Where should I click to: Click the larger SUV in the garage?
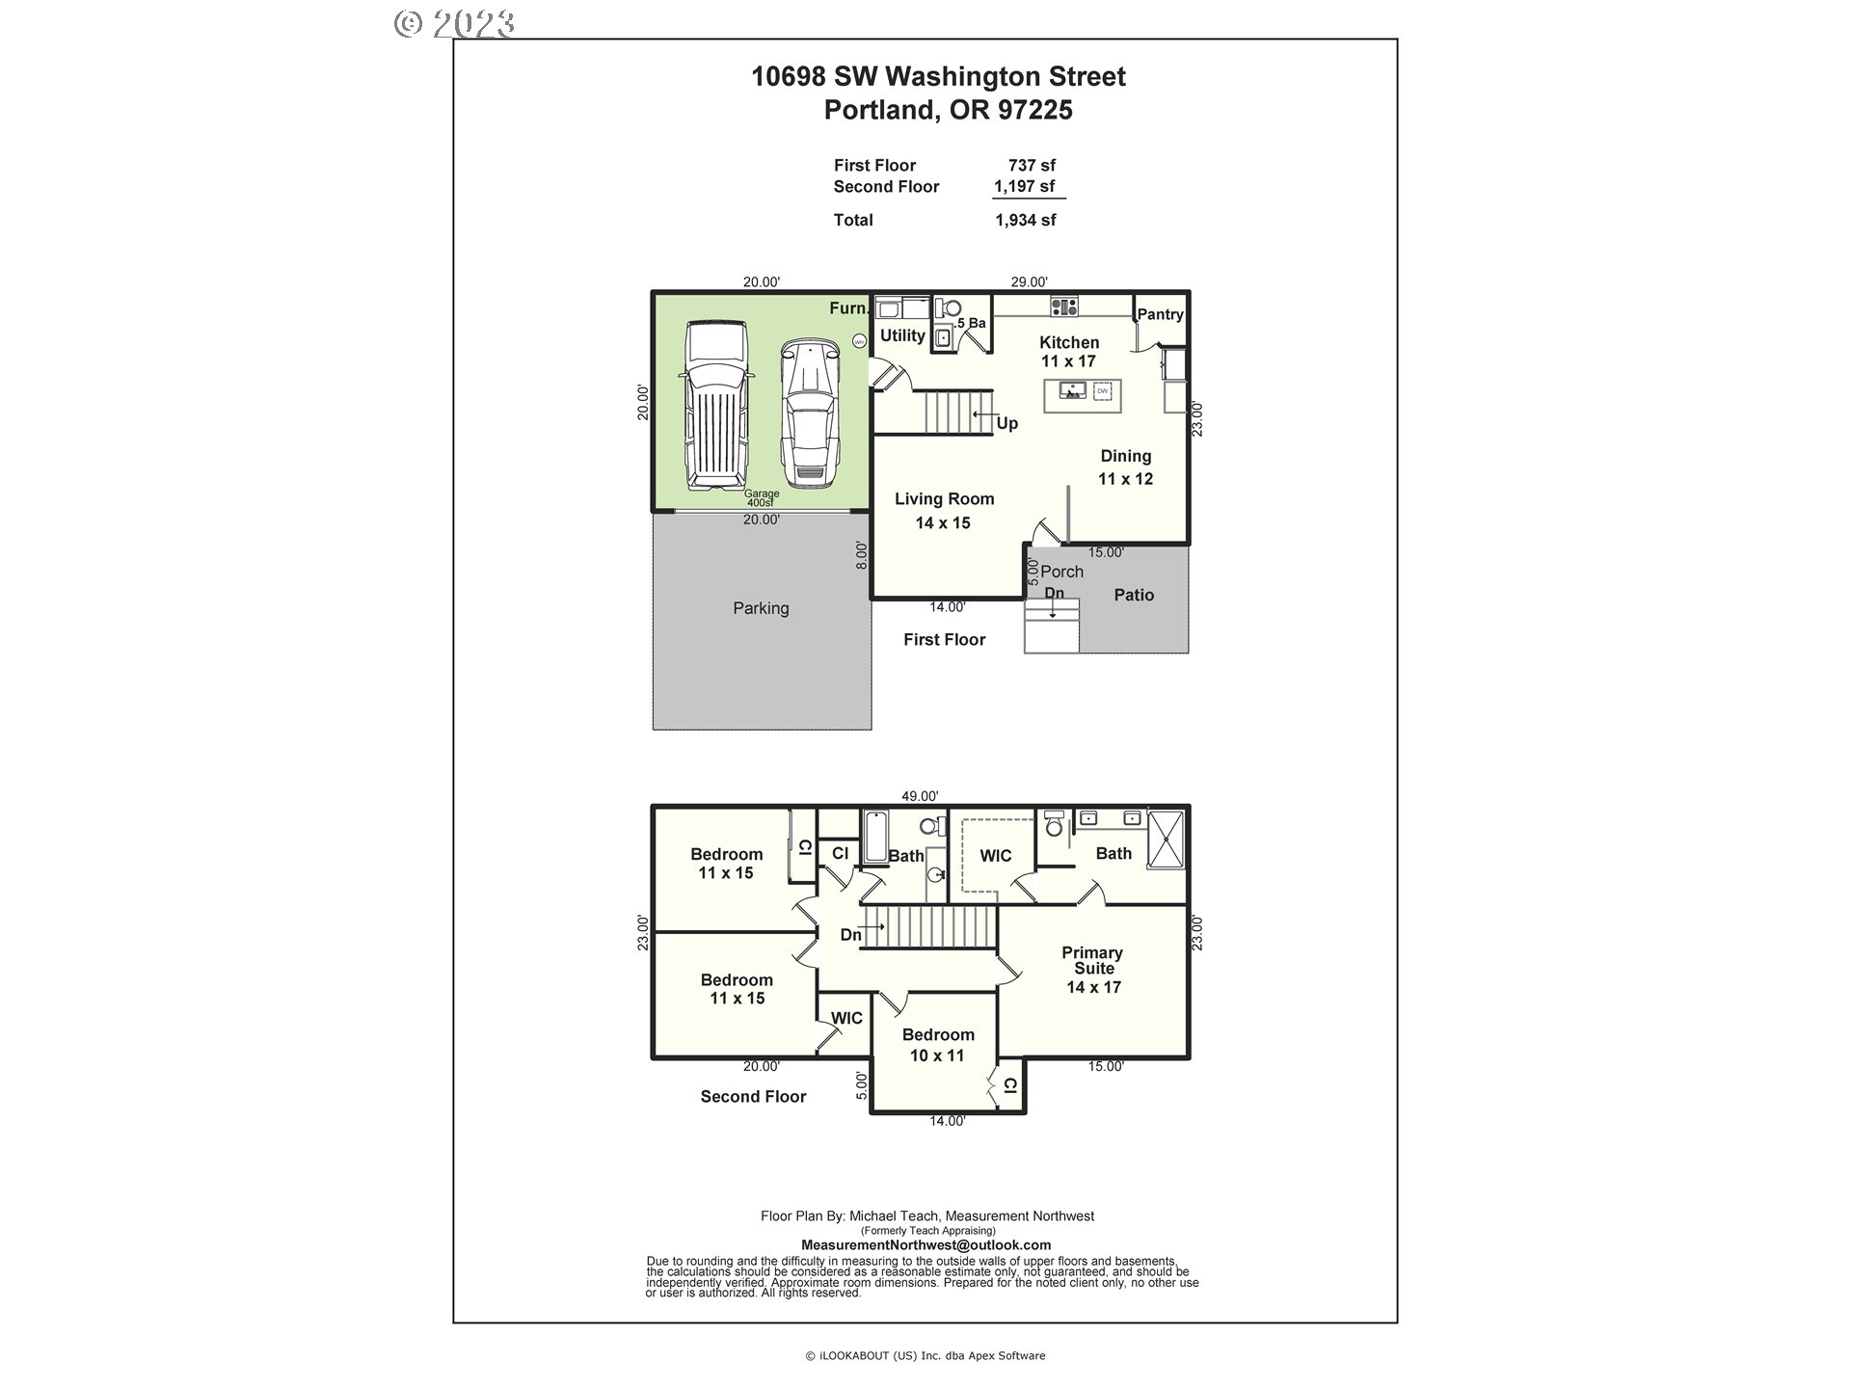pyautogui.click(x=716, y=406)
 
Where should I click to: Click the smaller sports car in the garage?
pyautogui.click(x=809, y=412)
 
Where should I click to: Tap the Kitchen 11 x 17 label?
pyautogui.click(x=1069, y=352)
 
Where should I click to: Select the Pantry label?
pyautogui.click(x=1160, y=314)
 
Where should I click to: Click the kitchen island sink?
pyautogui.click(x=1072, y=390)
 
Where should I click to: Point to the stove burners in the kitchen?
pyautogui.click(x=1064, y=307)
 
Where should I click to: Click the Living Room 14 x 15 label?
pyautogui.click(x=944, y=511)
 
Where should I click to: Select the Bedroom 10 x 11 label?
pyautogui.click(x=938, y=1045)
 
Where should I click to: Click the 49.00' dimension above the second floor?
pyautogui.click(x=920, y=796)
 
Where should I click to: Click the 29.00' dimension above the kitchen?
pyautogui.click(x=1029, y=282)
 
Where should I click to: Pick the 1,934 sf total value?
pyautogui.click(x=1025, y=220)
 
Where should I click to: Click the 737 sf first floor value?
pyautogui.click(x=1032, y=166)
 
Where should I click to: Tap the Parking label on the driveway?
pyautogui.click(x=761, y=608)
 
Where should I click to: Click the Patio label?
pyautogui.click(x=1134, y=596)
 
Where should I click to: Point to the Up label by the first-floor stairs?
pyautogui.click(x=1006, y=424)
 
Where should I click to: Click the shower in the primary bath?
pyautogui.click(x=1166, y=839)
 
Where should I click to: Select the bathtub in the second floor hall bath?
pyautogui.click(x=875, y=837)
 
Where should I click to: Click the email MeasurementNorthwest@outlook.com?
pyautogui.click(x=925, y=1245)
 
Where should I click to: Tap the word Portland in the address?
pyautogui.click(x=878, y=110)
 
